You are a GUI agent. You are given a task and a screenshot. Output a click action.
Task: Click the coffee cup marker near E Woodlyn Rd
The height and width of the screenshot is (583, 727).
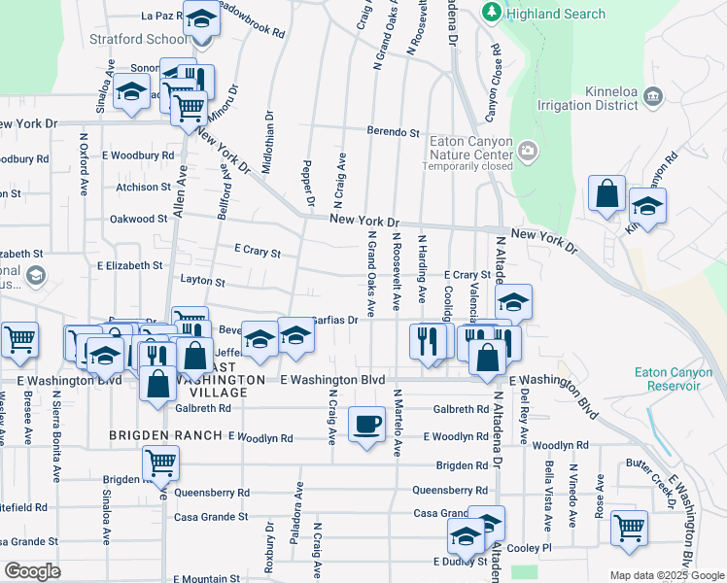(x=366, y=425)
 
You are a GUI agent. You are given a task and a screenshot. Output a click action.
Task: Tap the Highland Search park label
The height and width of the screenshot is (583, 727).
(x=555, y=14)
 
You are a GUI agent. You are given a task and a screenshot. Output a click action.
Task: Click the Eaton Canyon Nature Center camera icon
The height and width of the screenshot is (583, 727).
(x=528, y=151)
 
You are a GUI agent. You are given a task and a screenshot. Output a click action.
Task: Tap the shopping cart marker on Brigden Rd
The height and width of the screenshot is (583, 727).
(x=160, y=463)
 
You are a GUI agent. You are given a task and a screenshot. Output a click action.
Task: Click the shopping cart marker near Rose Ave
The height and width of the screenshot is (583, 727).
(x=630, y=528)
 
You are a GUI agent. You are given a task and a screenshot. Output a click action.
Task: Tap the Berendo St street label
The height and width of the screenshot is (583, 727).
(x=393, y=132)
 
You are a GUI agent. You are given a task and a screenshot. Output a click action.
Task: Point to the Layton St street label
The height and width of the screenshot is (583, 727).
(x=202, y=283)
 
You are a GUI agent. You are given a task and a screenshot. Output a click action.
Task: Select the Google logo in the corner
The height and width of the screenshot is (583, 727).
(x=32, y=571)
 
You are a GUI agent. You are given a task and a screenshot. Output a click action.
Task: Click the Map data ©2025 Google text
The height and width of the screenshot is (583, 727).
(x=667, y=574)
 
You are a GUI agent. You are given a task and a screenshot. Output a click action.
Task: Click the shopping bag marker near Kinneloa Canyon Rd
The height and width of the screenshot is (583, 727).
(x=606, y=193)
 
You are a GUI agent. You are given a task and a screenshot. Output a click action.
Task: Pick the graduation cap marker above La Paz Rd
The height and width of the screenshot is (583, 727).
(x=201, y=19)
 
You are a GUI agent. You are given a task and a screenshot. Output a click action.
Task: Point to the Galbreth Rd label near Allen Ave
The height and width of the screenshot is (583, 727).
(x=204, y=409)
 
